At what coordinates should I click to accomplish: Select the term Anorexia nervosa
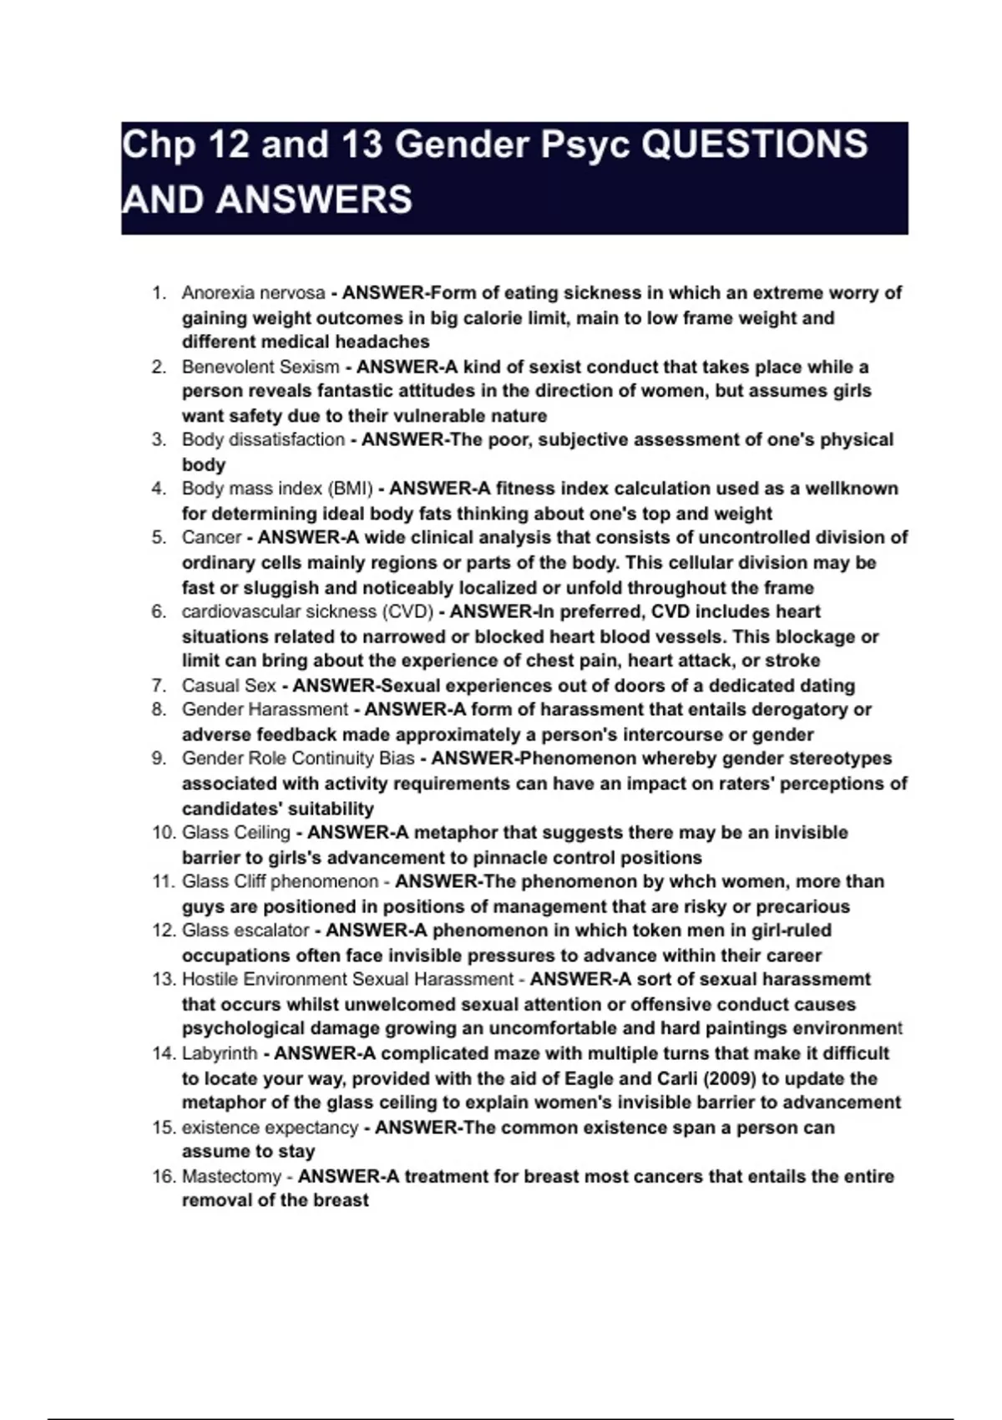pos(253,293)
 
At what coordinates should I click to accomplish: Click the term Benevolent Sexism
pos(261,367)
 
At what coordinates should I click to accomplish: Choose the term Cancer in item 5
pos(211,537)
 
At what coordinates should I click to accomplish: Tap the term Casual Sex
pos(229,686)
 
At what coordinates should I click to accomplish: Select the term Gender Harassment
pos(265,709)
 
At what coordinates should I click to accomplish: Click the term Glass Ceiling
pos(236,833)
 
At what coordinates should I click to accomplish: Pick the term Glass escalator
pos(245,931)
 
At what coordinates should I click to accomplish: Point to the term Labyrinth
pos(220,1053)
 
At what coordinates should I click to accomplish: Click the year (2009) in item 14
pos(728,1078)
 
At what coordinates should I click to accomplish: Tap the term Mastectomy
pos(231,1176)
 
